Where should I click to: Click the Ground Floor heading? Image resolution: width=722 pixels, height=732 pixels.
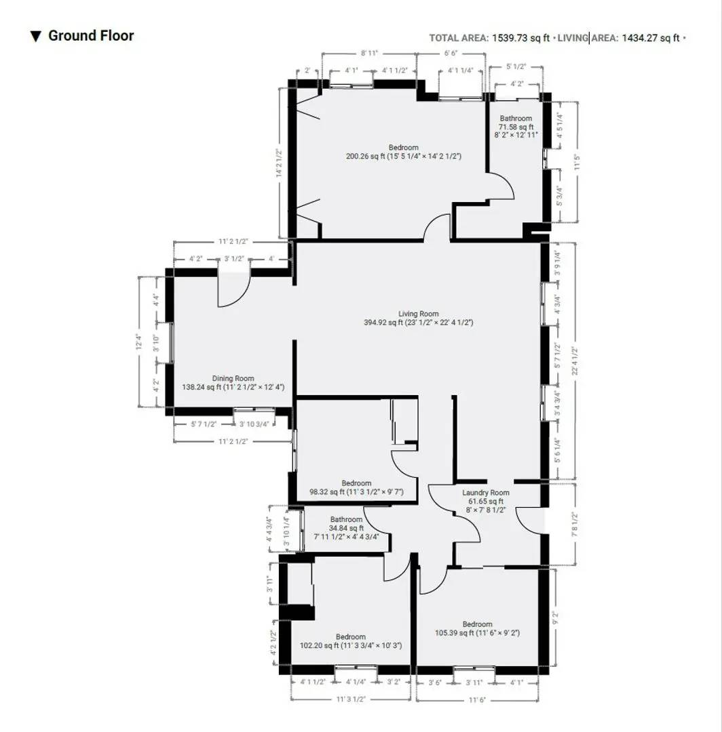pyautogui.click(x=90, y=36)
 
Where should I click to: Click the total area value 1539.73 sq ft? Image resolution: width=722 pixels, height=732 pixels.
pyautogui.click(x=520, y=38)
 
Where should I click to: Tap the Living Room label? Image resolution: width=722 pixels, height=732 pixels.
pyautogui.click(x=418, y=314)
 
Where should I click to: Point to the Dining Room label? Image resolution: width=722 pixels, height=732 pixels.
pyautogui.click(x=233, y=378)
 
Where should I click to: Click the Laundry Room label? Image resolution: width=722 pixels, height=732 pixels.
pyautogui.click(x=485, y=493)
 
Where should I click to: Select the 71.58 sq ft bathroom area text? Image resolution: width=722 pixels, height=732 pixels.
pyautogui.click(x=516, y=127)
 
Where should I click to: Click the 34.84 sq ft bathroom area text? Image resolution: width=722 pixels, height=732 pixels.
pyautogui.click(x=346, y=528)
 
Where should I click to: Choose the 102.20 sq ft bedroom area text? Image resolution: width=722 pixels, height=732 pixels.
pyautogui.click(x=315, y=646)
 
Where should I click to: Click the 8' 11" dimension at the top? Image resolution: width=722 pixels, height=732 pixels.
pyautogui.click(x=369, y=52)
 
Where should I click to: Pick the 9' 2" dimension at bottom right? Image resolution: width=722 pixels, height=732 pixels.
pyautogui.click(x=555, y=618)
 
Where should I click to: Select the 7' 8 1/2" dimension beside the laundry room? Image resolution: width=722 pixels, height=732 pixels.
pyautogui.click(x=575, y=523)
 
